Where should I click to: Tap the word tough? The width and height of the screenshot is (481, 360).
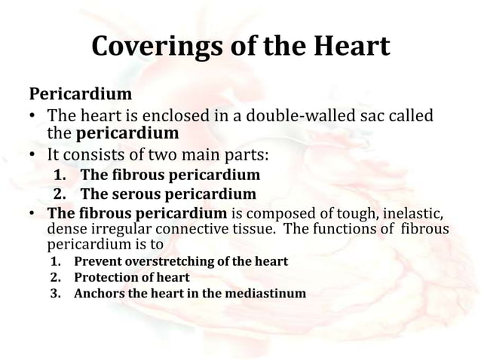(x=344, y=213)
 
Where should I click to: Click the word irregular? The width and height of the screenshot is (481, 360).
(x=116, y=229)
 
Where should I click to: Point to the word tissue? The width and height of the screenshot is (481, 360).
(x=260, y=229)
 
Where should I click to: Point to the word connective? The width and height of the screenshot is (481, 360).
(x=195, y=229)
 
